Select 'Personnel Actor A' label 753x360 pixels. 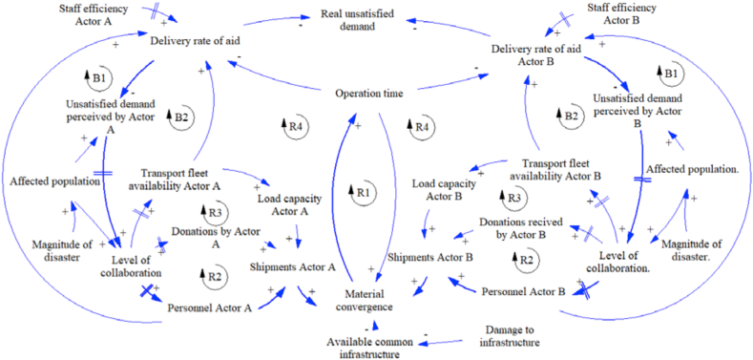[210, 307]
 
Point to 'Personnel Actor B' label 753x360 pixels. [524, 287]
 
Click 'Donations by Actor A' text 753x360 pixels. [216, 237]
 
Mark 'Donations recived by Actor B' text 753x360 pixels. [514, 227]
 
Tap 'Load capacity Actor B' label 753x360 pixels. [438, 189]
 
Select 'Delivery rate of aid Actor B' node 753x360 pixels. [536, 54]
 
